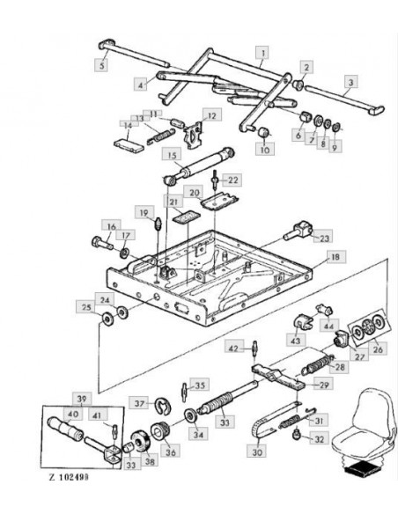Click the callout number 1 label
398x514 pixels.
point(262,53)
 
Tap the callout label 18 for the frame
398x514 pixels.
point(335,256)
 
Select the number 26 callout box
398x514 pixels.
point(378,349)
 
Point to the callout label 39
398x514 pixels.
point(82,399)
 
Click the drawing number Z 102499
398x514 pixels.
point(69,477)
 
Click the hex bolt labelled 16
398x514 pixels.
point(102,243)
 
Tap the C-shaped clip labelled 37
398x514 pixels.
point(163,406)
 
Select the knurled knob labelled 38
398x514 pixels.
point(140,443)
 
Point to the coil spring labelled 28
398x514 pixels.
point(317,364)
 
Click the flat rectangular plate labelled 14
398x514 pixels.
point(129,145)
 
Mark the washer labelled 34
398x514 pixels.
point(190,416)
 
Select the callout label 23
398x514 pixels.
point(323,238)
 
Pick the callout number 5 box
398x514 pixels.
point(102,65)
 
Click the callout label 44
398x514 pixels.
point(328,326)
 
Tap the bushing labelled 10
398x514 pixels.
point(264,133)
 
